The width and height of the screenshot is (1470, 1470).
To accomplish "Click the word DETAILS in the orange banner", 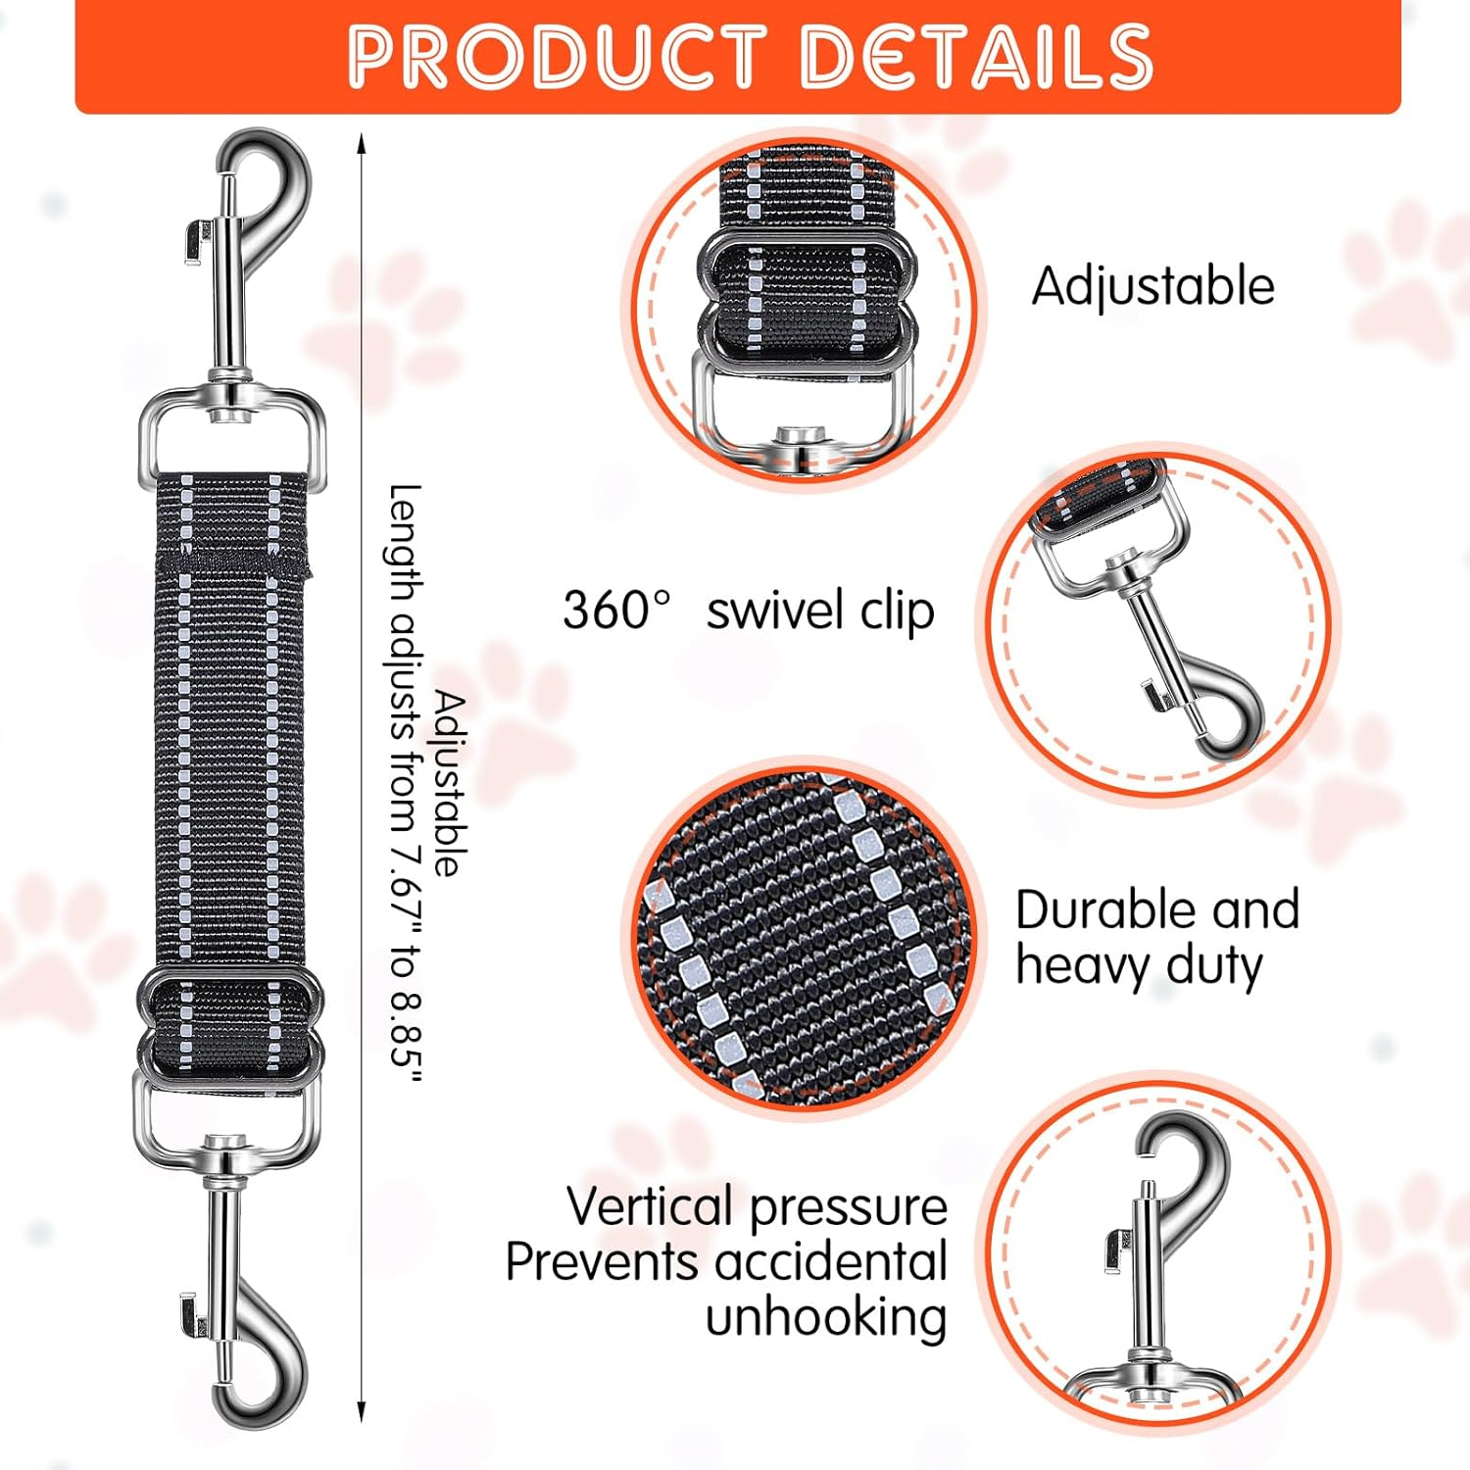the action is [x=977, y=57].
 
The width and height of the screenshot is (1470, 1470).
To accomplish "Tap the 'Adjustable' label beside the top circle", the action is [x=1153, y=287].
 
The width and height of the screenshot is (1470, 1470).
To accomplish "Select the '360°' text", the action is [x=617, y=610].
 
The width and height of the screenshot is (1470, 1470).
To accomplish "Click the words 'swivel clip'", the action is [x=820, y=612].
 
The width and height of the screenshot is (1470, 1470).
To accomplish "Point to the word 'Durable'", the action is [x=1096, y=909].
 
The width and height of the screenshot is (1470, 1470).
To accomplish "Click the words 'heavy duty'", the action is [x=1139, y=966].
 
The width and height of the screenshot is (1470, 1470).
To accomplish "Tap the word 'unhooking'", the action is [x=826, y=1317].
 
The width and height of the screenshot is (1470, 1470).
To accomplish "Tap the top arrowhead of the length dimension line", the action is [x=362, y=143].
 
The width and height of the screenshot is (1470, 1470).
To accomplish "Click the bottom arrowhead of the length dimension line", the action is [x=362, y=1412].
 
